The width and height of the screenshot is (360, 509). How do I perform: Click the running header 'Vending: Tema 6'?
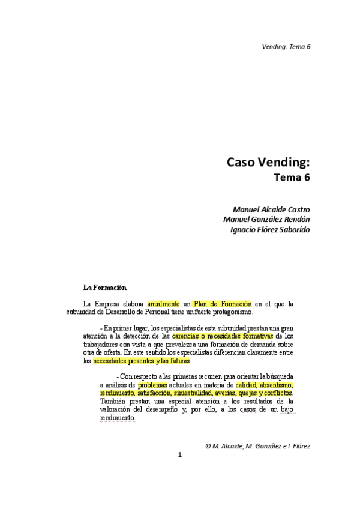[x=286, y=47]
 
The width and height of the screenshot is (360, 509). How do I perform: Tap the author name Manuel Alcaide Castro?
[x=271, y=209]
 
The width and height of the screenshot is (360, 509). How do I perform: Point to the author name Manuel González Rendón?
[x=266, y=219]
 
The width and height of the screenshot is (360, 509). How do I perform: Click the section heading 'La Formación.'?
[x=105, y=286]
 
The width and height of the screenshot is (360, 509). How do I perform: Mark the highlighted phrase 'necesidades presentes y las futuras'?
[x=142, y=361]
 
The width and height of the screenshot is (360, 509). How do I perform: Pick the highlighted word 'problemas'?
[x=152, y=384]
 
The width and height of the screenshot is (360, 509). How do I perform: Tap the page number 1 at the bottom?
[x=179, y=454]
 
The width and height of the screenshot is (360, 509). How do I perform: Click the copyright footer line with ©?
[x=257, y=446]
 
